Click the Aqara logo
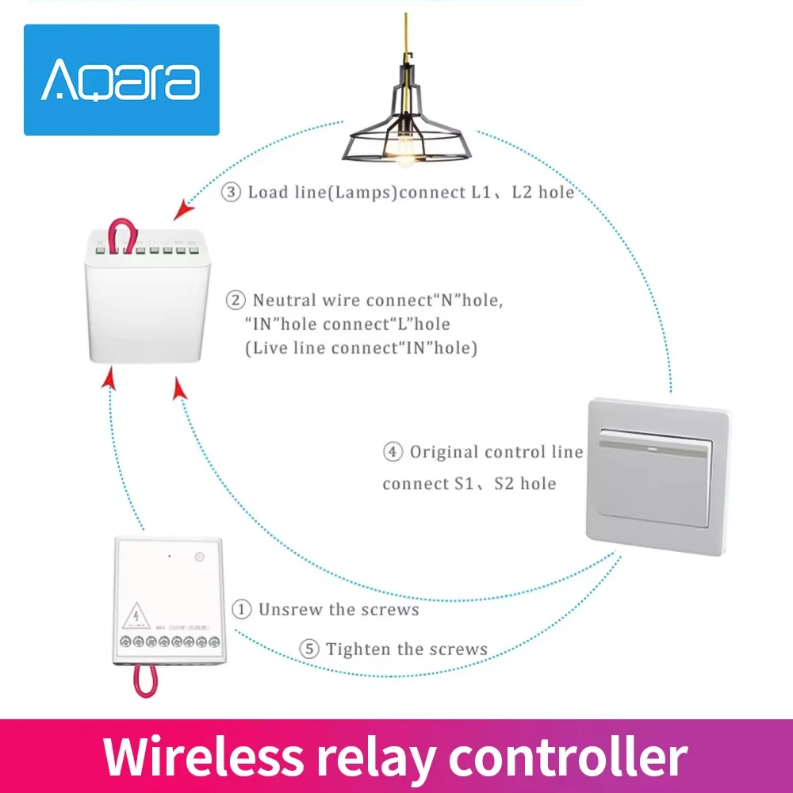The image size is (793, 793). (120, 80)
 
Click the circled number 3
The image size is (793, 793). (231, 193)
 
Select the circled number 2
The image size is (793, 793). (235, 301)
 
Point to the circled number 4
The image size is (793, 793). (392, 453)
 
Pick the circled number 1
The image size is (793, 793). (242, 609)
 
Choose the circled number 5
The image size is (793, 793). (309, 649)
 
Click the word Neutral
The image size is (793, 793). (285, 301)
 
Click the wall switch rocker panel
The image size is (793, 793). (657, 477)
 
